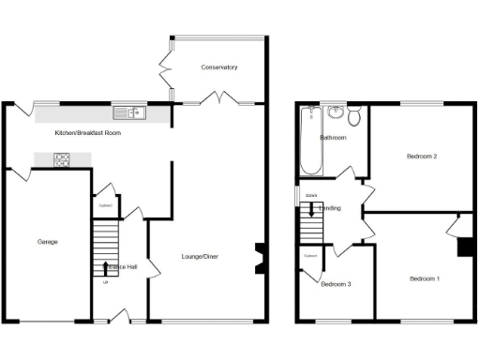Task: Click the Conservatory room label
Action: [218, 67]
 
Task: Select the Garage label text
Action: [48, 242]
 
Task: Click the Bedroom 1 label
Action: [424, 278]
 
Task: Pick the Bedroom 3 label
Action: [336, 284]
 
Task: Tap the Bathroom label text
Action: [333, 138]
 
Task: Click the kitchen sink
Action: [129, 112]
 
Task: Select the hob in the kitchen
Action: [62, 159]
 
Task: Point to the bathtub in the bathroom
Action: [311, 141]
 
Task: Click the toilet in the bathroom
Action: [353, 117]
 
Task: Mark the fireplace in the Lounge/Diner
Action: [261, 258]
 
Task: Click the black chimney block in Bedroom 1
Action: [463, 247]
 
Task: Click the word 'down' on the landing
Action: [308, 195]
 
